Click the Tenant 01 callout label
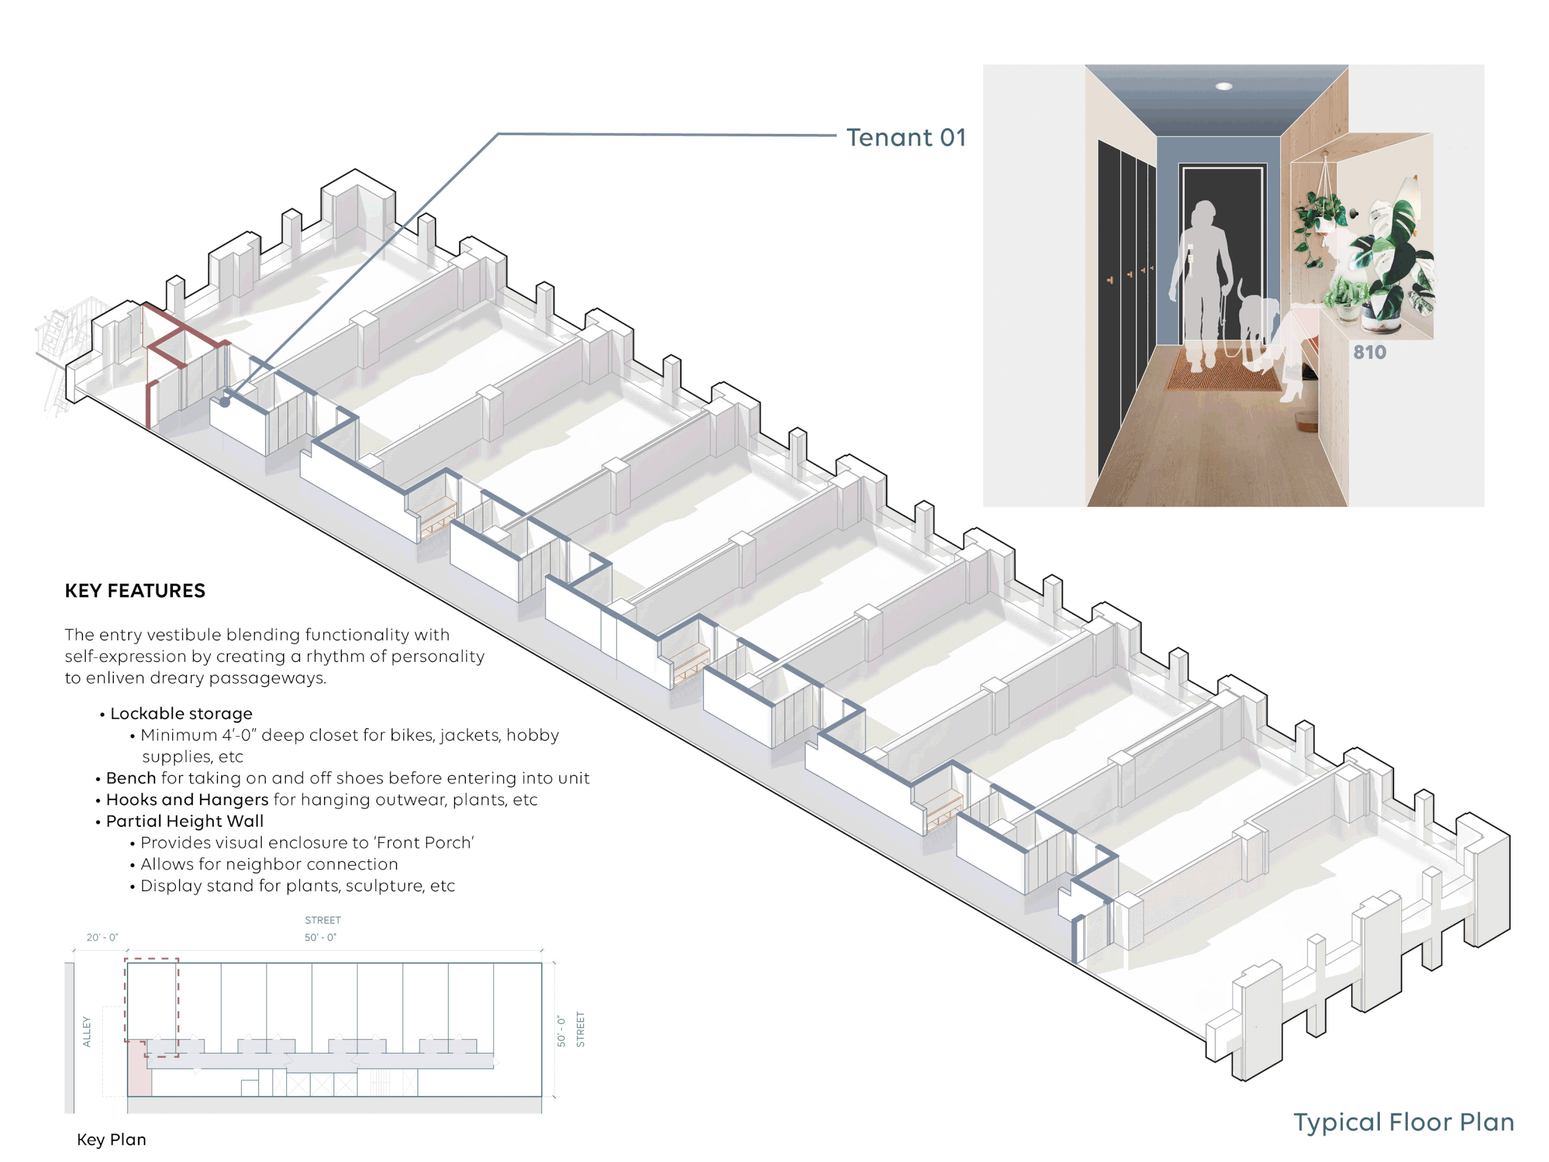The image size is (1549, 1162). point(905,138)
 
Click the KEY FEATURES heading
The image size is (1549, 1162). point(135,591)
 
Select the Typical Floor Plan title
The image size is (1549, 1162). point(1403,1122)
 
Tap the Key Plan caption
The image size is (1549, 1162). point(112,1140)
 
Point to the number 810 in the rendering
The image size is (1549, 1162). point(1369,352)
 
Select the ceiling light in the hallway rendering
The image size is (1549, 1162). point(1223,86)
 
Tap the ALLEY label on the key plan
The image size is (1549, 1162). point(87,1032)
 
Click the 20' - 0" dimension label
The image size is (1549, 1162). point(102,937)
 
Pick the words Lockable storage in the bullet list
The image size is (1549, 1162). point(182,713)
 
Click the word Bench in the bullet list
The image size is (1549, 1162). point(131,778)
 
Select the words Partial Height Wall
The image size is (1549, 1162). point(185,821)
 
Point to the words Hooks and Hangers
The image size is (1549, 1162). point(187,799)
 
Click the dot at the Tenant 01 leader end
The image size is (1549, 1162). point(225,402)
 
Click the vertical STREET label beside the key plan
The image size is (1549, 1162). point(580,1029)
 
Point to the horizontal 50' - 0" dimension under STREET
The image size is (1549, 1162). point(320,937)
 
